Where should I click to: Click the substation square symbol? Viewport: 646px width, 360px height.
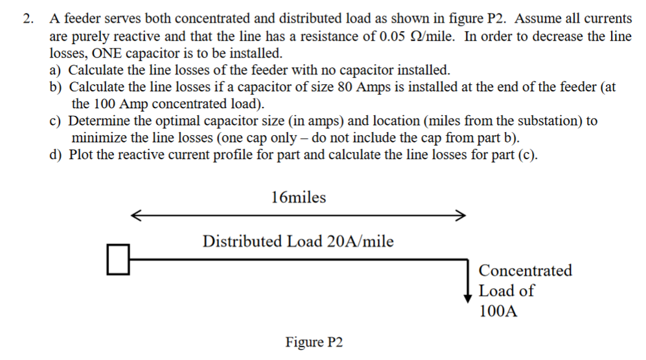[x=117, y=259]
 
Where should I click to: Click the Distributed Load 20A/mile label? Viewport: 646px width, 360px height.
[x=298, y=242]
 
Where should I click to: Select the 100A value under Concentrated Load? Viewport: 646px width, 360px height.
[x=498, y=311]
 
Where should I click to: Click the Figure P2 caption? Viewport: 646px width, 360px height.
[x=314, y=341]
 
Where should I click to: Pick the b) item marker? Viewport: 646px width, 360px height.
[x=56, y=87]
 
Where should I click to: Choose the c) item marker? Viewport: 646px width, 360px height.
[x=56, y=120]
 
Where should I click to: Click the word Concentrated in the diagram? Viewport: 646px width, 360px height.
[x=525, y=270]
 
